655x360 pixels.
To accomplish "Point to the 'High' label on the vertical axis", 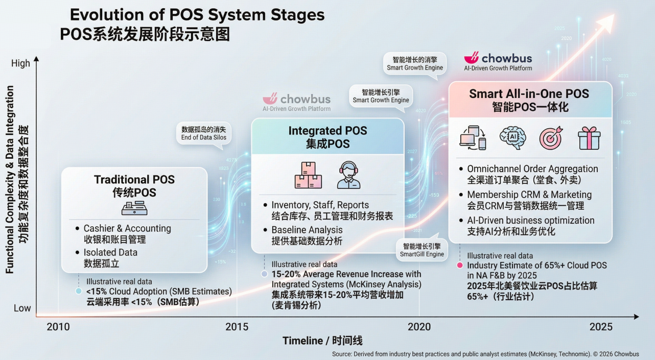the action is point(20,63).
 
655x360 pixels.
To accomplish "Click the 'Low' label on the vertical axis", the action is point(22,308).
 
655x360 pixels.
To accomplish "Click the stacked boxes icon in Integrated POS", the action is point(308,175).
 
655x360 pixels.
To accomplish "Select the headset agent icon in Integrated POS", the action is point(348,175).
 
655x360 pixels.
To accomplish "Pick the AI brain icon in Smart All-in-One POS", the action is point(512,138).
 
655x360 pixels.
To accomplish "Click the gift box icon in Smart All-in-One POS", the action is point(589,138).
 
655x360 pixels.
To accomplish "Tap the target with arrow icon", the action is point(551,138).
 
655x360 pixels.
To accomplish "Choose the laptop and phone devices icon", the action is point(473,138).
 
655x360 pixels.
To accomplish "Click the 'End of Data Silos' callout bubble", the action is point(203,134).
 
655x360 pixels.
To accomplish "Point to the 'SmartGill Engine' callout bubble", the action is point(422,250).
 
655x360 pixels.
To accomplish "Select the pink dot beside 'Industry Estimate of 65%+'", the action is point(460,266).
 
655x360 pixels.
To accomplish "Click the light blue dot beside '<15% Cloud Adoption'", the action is point(78,291).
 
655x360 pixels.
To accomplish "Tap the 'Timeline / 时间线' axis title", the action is point(322,341).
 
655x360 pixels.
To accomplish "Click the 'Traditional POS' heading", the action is point(134,180).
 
